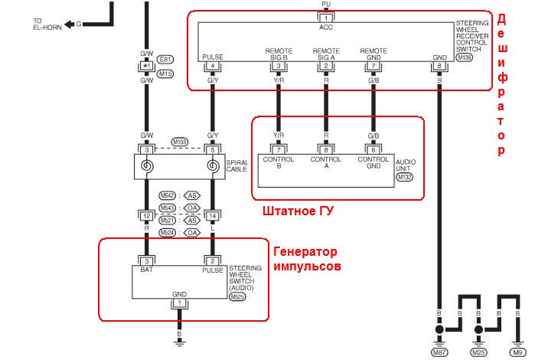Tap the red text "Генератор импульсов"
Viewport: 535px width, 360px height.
[305, 260]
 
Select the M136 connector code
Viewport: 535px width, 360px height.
[463, 58]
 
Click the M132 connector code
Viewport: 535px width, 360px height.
[404, 177]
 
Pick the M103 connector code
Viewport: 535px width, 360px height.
[180, 142]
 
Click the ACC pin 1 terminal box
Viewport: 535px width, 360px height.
[326, 16]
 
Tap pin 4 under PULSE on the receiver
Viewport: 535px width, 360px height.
[212, 66]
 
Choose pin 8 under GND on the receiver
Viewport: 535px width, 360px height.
[439, 66]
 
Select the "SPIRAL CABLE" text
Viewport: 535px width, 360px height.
[237, 165]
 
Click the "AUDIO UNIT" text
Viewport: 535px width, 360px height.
[405, 165]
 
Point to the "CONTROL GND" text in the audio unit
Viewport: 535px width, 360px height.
[373, 163]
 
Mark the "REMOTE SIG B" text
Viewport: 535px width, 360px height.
[278, 54]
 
